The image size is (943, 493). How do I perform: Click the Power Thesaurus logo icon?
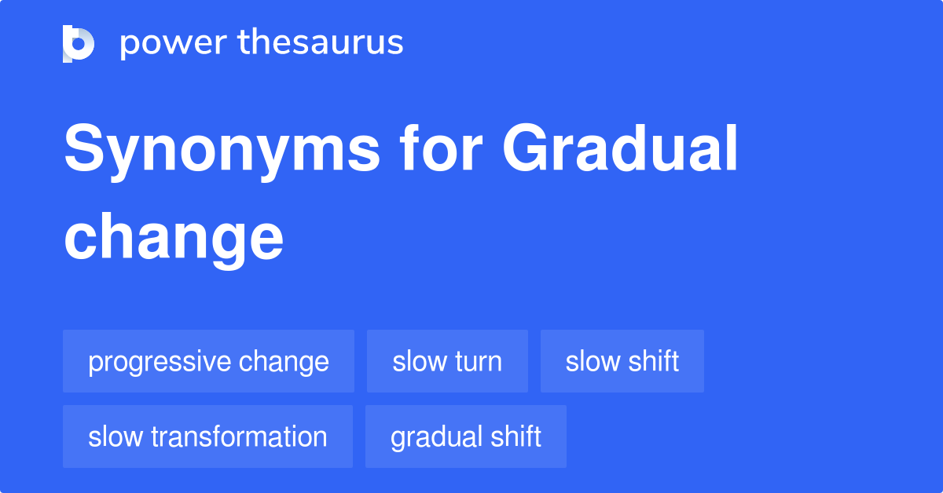click(79, 43)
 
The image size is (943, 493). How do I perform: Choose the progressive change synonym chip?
click(208, 362)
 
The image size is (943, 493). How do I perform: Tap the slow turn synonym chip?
click(447, 362)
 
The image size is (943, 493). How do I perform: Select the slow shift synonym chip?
click(622, 362)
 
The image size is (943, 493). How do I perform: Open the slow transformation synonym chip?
click(207, 436)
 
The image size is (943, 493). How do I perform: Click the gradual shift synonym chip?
click(466, 436)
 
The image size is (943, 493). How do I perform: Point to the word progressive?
click(160, 363)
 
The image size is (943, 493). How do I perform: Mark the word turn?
click(478, 362)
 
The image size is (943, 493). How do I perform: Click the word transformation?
click(240, 436)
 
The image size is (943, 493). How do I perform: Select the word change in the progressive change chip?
click(284, 362)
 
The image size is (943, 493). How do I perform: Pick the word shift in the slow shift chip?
click(654, 362)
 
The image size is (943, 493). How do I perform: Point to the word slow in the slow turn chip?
click(419, 362)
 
